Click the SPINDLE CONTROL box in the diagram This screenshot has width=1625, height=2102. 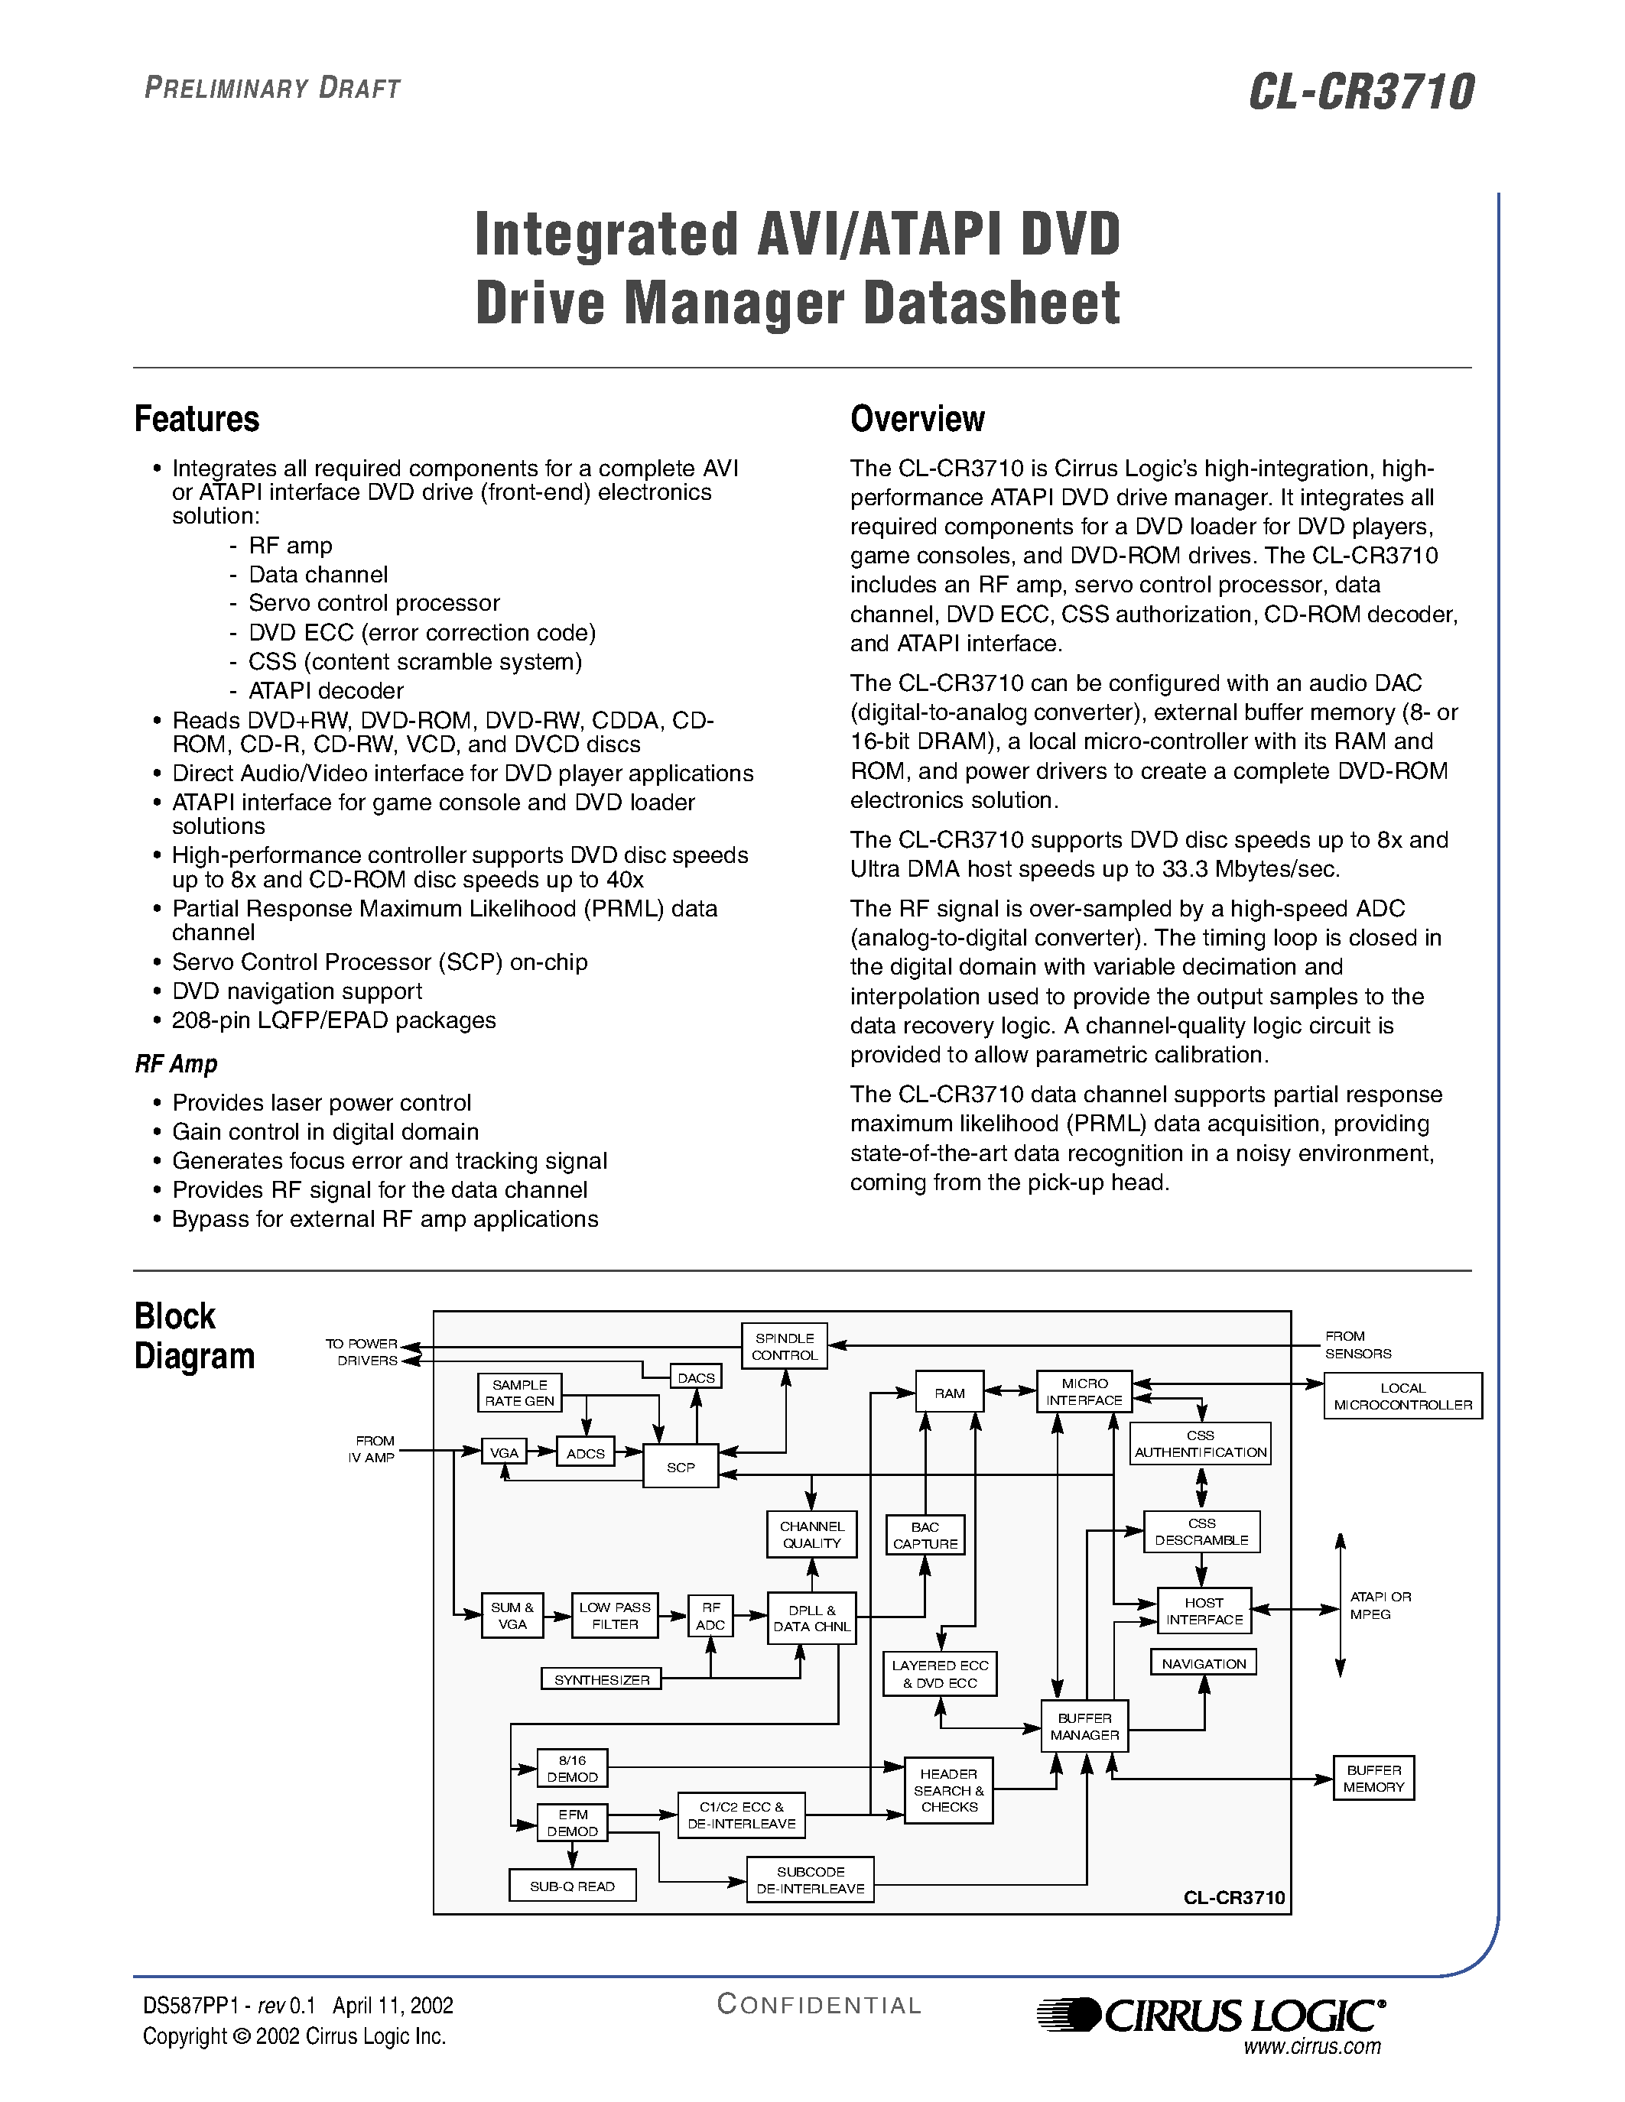pos(784,1345)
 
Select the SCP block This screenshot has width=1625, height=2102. pos(681,1467)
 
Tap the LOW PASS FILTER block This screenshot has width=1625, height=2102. pos(614,1615)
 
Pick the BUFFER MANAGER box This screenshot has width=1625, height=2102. pos(1084,1726)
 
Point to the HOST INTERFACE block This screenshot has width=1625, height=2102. pos(1204,1611)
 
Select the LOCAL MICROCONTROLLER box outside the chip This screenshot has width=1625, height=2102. pos(1402,1396)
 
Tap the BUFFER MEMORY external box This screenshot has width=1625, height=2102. pos(1373,1778)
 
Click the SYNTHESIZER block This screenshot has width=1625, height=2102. pos(602,1679)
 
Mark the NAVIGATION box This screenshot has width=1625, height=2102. pos(1204,1663)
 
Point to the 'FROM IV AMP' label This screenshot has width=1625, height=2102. pos(372,1448)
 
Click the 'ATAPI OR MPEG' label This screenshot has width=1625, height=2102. pos(1380,1605)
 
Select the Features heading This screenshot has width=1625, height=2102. pos(197,420)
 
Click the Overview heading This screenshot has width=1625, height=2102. pos(918,420)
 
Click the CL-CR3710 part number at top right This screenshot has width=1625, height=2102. pos(1361,92)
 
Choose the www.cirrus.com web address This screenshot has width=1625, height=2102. pos(1312,2045)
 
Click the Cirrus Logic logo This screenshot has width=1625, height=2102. pos(1211,2014)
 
